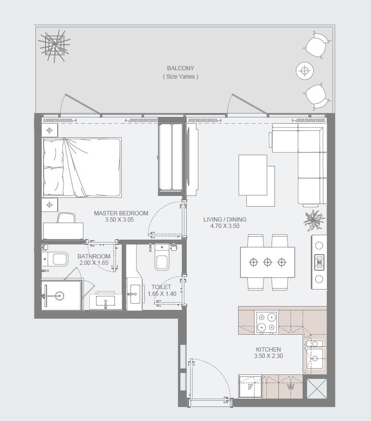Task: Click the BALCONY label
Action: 180,68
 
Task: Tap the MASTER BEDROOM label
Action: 121,213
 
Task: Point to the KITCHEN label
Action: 268,349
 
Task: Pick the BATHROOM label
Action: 94,256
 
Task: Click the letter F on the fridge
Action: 250,387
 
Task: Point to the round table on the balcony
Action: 304,71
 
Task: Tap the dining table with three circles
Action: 267,262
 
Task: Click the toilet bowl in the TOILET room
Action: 162,261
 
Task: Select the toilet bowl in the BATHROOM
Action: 57,260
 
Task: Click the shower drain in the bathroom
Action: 59,294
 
